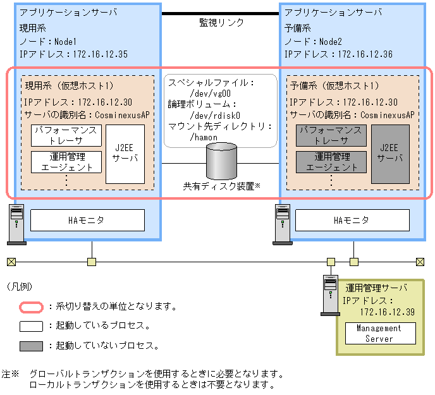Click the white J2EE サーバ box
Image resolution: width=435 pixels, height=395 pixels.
(x=125, y=154)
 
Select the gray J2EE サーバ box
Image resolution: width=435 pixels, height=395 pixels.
(x=390, y=154)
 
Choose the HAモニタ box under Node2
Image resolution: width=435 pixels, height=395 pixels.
(x=353, y=221)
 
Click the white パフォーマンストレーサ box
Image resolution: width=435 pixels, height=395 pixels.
(x=66, y=135)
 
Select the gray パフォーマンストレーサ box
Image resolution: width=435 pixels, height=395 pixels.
(x=331, y=135)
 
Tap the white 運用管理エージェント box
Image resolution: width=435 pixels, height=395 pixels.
(x=66, y=162)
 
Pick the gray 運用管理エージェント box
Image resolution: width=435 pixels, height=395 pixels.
(x=331, y=162)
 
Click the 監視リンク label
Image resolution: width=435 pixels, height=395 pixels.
(x=221, y=23)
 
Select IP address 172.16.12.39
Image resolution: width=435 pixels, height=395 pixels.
(x=388, y=312)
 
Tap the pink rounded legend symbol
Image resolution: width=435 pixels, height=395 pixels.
(x=30, y=307)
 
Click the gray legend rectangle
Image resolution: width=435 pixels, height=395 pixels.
(x=30, y=346)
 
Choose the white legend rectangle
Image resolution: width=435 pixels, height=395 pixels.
(x=30, y=326)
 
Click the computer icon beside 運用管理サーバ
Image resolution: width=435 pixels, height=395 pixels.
(x=330, y=295)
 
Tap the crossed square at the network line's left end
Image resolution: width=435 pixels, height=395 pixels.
(x=11, y=261)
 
